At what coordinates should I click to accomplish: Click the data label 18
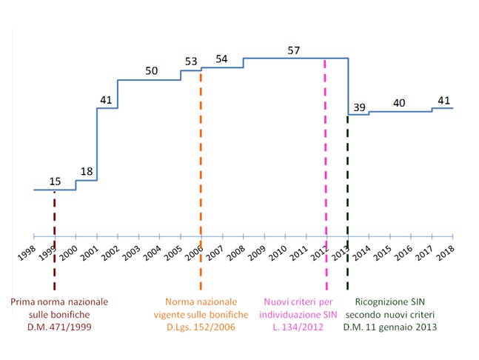click(x=87, y=172)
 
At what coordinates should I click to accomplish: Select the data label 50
click(x=151, y=71)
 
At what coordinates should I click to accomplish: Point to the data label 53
click(x=191, y=62)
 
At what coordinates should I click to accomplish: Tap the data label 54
click(x=221, y=59)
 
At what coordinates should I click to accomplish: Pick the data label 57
click(x=294, y=50)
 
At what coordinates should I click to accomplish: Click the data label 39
click(x=360, y=107)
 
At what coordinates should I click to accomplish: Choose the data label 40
click(x=399, y=103)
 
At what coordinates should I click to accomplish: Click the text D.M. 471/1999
click(x=58, y=327)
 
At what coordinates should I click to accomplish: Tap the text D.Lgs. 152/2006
click(x=201, y=327)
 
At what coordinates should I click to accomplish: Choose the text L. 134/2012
click(x=304, y=327)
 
